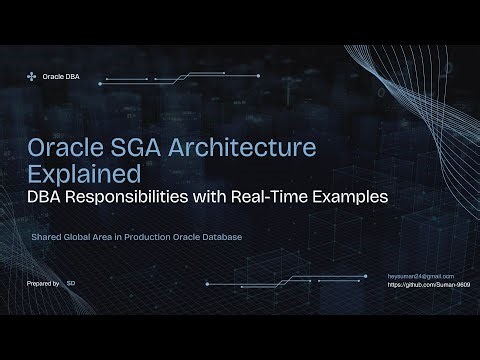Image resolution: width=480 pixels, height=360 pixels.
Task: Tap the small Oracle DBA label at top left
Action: pyautogui.click(x=61, y=77)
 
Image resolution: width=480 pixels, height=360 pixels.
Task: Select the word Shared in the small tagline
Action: pyautogui.click(x=45, y=238)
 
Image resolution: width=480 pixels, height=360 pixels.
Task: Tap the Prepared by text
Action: pyautogui.click(x=43, y=284)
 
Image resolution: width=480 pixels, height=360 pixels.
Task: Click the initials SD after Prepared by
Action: pyautogui.click(x=71, y=284)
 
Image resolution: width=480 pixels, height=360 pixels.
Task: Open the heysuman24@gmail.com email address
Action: pyautogui.click(x=421, y=275)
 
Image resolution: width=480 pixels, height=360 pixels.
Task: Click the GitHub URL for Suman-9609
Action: pyautogui.click(x=428, y=285)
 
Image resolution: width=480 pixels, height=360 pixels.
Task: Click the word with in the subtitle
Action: pyautogui.click(x=225, y=197)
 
